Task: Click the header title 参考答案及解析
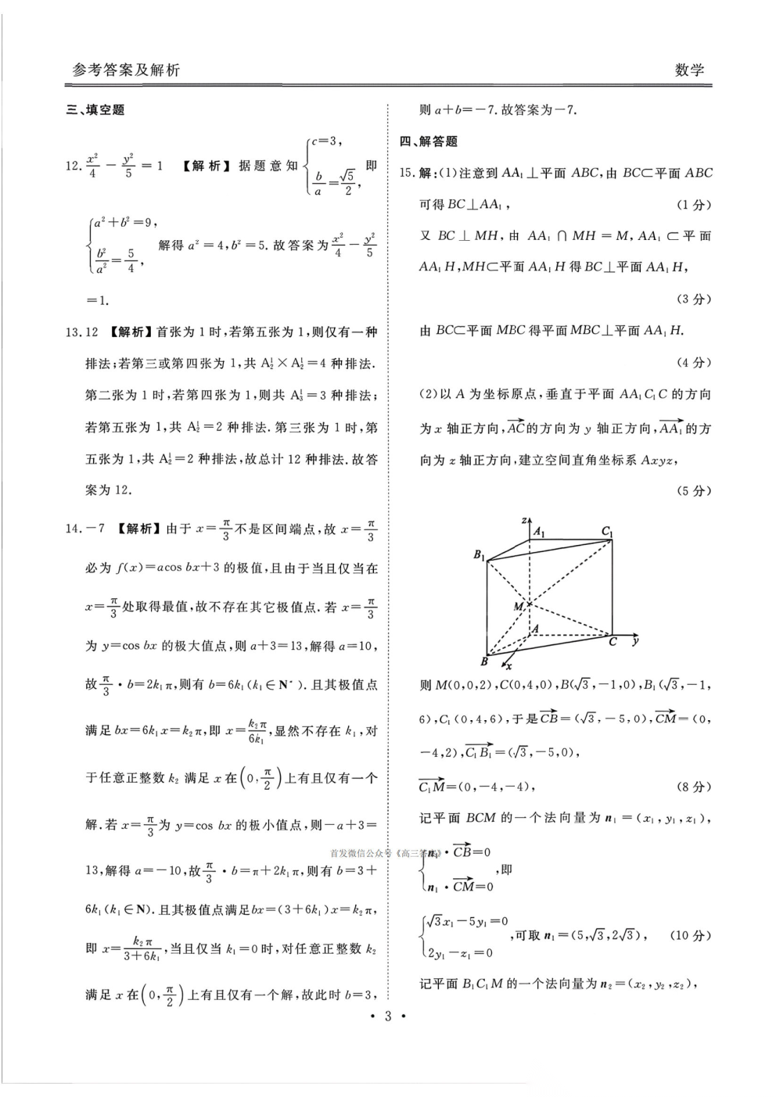pyautogui.click(x=126, y=70)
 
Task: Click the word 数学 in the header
pyautogui.click(x=689, y=70)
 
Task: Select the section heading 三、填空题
pyautogui.click(x=95, y=110)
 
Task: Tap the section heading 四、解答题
pyautogui.click(x=428, y=142)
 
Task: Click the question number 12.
pyautogui.click(x=73, y=166)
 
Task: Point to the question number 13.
pyautogui.click(x=73, y=332)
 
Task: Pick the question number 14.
pyautogui.click(x=73, y=529)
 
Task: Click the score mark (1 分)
pyautogui.click(x=693, y=205)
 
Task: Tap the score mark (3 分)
pyautogui.click(x=693, y=299)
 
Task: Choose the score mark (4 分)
pyautogui.click(x=693, y=363)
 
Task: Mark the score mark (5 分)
pyautogui.click(x=693, y=491)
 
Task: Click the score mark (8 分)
pyautogui.click(x=693, y=787)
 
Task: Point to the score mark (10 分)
pyautogui.click(x=690, y=936)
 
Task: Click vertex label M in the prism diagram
pyautogui.click(x=518, y=606)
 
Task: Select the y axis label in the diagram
pyautogui.click(x=635, y=640)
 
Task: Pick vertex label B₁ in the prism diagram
pyautogui.click(x=479, y=554)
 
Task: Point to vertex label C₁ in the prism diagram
pyautogui.click(x=607, y=532)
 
